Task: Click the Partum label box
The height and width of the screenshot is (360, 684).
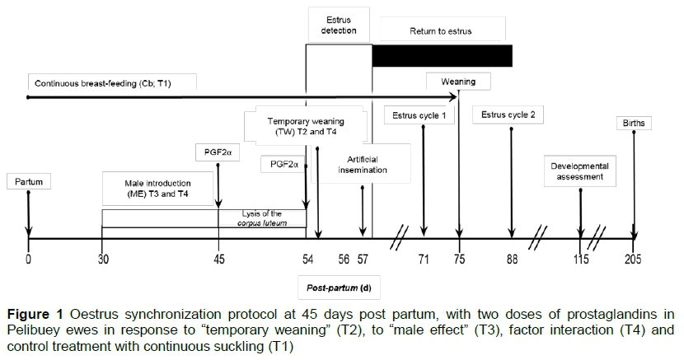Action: coord(28,181)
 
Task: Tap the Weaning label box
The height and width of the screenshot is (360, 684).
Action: coord(457,82)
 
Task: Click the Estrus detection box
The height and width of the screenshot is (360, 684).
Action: coord(339,26)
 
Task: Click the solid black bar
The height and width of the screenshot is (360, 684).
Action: coord(442,55)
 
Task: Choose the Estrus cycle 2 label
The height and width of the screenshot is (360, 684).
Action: coord(508,115)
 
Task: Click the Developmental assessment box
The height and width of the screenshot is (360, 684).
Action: coord(581,171)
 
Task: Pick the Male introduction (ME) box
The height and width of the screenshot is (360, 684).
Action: coord(157,188)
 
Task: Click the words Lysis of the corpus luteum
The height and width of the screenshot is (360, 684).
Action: coord(261,218)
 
